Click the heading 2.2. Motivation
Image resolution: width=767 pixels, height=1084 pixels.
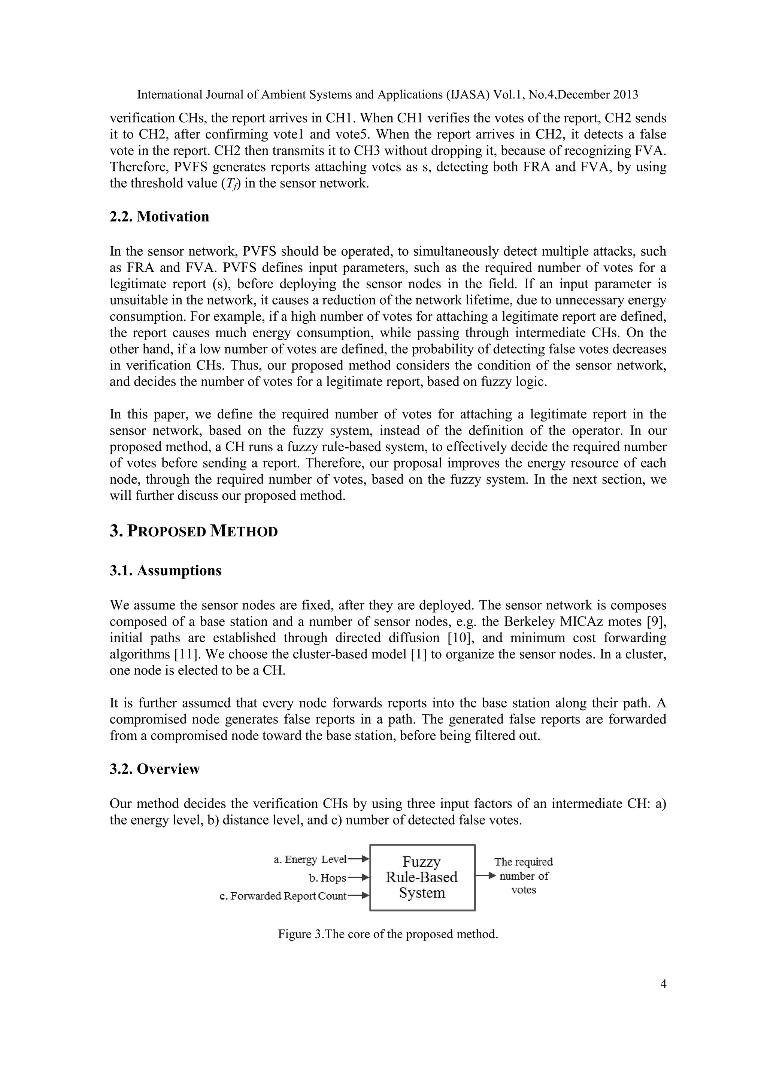159,217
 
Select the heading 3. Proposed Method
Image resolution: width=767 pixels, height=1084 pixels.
194,531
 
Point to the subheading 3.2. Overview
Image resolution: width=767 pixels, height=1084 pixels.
155,769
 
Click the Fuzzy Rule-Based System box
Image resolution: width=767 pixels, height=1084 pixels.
422,877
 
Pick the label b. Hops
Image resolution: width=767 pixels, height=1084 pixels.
327,878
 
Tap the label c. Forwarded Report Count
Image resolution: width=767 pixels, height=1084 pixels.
284,896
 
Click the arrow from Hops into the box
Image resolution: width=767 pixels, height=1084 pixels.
358,878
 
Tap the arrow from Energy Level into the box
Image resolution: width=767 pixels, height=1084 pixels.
358,859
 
